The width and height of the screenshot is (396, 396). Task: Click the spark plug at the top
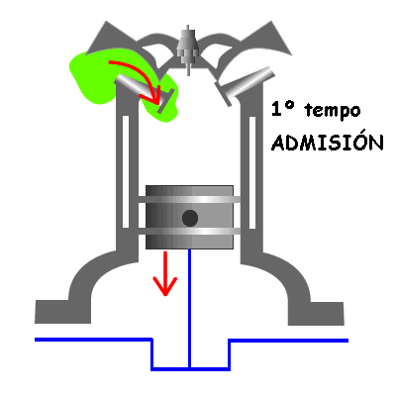coord(188,49)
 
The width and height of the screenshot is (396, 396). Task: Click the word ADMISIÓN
coord(328,142)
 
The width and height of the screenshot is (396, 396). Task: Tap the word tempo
coord(333,111)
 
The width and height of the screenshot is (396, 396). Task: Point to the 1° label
coord(282,109)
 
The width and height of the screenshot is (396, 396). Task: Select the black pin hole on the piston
coord(190,218)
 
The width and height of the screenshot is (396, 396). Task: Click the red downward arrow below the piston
coord(165,273)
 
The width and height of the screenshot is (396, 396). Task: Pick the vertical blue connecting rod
coord(189,309)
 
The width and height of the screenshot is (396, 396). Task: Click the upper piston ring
coord(189,199)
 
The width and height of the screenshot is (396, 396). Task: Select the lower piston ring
coord(189,232)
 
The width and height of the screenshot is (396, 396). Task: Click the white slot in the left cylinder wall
coord(126,171)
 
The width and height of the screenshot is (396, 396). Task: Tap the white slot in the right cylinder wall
coord(252,172)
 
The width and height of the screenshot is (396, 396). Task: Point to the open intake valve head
coord(166,101)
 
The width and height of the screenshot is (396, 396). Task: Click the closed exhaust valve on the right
coord(245,85)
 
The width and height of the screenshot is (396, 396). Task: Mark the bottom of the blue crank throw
coord(190,368)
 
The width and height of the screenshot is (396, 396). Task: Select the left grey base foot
coord(62,312)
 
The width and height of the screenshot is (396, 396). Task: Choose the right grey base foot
coord(316,313)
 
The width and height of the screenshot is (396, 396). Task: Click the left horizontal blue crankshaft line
coord(93,340)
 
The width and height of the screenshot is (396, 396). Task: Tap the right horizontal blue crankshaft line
coord(289,341)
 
